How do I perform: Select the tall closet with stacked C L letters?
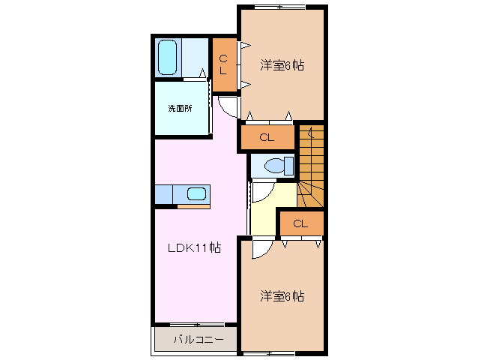coord(224,65)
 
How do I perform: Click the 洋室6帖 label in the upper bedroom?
coord(282,64)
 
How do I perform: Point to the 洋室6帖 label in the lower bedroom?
coord(282,295)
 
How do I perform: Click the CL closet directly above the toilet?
coord(267,137)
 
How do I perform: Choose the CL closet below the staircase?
coord(300,223)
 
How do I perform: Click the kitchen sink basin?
coord(196,194)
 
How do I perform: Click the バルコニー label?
coord(198,340)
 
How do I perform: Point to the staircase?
coord(310,169)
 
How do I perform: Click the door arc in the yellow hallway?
coord(261,193)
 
